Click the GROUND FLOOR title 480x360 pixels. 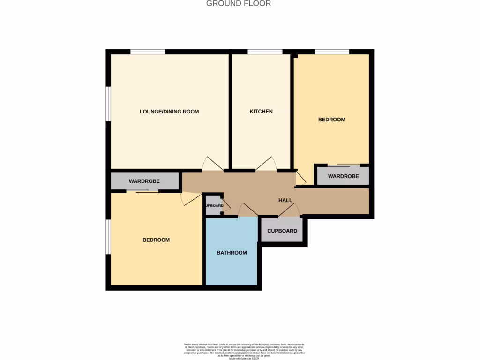point(239,4)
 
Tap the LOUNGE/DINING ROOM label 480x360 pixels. point(169,112)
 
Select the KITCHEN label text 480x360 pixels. point(261,112)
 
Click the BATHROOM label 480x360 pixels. point(232,253)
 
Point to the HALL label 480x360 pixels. point(285,200)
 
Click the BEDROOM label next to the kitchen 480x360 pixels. point(332,120)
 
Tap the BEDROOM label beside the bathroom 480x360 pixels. point(156,240)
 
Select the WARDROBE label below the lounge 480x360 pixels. point(144,181)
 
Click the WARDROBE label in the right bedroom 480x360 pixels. point(343,176)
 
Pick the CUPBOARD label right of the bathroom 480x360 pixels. point(282,231)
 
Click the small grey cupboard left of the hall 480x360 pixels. point(213,205)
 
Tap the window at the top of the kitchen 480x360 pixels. point(265,52)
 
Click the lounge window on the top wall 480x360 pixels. point(148,52)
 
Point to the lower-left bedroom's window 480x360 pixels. point(108,237)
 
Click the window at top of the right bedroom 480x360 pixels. point(332,52)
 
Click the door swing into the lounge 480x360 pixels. point(212,163)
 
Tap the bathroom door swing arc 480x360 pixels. point(247,210)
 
